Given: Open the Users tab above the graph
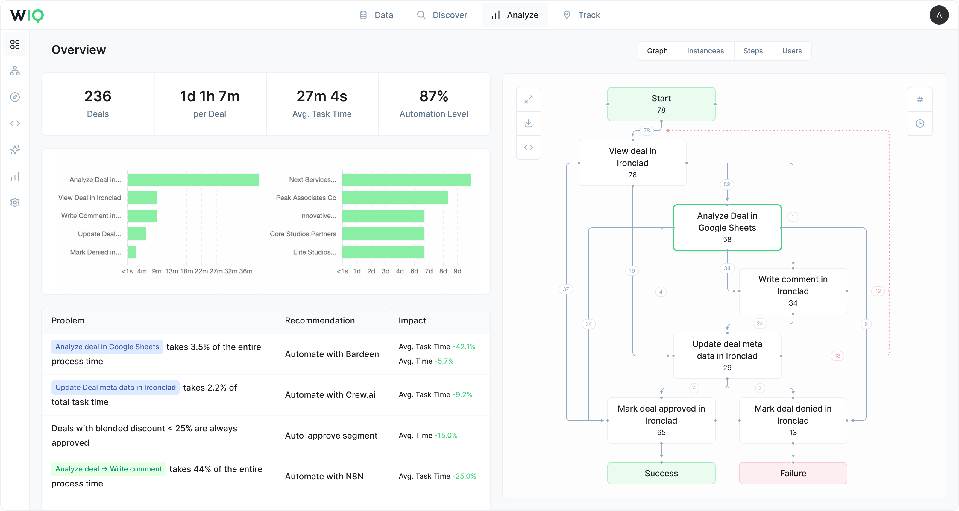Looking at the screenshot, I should tap(792, 51).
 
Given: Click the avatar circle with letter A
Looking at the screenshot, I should tap(939, 15).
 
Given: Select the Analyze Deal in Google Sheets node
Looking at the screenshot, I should tap(727, 227).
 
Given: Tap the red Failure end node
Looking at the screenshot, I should tap(793, 473).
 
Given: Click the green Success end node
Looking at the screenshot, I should tap(661, 473).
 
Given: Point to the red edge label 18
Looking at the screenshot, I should tap(837, 356).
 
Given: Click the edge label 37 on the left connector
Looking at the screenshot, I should tap(566, 289).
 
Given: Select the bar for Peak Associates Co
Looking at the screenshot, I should tap(394, 198).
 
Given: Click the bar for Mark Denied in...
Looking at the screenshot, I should tap(131, 252).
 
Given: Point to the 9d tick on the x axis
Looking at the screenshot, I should tap(457, 271).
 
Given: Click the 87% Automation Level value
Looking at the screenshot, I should tap(433, 96).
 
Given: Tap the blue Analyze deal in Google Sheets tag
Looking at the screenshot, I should tap(107, 347).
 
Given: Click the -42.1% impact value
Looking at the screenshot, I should tap(464, 347).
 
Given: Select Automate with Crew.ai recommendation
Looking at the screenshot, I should tap(330, 395).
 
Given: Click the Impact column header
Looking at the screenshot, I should tap(412, 321).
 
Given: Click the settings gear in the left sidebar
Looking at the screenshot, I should tap(15, 202).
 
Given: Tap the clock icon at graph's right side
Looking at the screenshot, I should tap(919, 124).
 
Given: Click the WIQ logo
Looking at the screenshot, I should tap(27, 15).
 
